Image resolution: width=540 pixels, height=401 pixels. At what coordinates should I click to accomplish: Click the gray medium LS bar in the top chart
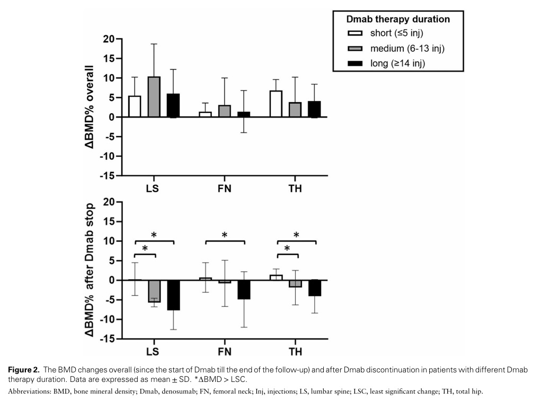coord(154,97)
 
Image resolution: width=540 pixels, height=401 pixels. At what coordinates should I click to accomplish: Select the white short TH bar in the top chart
coord(276,104)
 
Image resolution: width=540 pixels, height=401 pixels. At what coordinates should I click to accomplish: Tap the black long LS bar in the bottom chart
coord(173,295)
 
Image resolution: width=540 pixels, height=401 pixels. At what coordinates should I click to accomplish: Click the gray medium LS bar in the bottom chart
coord(154,291)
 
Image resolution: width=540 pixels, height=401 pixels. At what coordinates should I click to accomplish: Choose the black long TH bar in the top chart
coord(314,109)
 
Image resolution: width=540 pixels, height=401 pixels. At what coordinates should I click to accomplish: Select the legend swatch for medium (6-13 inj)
coord(353,49)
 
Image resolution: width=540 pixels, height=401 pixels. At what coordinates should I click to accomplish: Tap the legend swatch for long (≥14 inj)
coord(353,64)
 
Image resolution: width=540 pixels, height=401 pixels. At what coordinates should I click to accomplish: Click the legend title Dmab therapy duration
coord(398,19)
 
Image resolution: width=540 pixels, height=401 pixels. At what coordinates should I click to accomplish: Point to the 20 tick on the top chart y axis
coord(109,39)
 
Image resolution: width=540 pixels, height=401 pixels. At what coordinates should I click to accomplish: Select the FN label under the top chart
coord(225,189)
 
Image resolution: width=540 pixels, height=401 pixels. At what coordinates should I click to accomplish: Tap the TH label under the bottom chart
coord(295,352)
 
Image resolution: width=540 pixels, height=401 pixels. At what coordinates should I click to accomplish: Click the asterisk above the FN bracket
coord(224,235)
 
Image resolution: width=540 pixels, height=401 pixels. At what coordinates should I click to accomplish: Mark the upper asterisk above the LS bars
coord(154,235)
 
